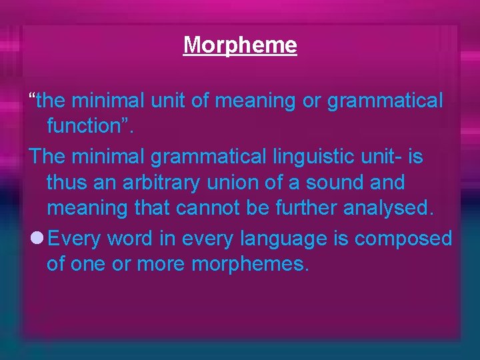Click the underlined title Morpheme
240,45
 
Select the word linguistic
315,157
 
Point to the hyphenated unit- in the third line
386,157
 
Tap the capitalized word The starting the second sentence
46,157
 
